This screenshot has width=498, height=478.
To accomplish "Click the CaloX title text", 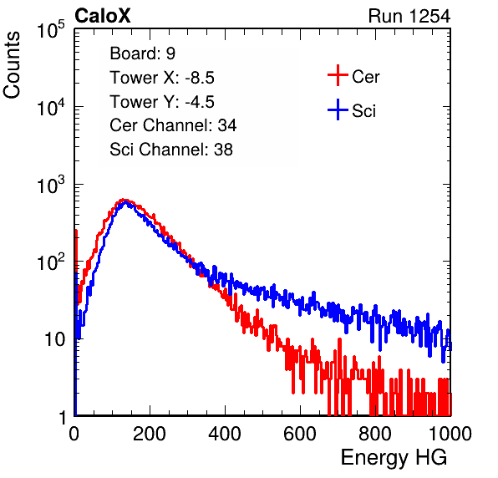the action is point(103,16).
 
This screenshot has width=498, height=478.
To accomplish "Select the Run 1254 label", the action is point(409,16).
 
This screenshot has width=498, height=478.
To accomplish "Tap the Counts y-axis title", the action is point(12,65).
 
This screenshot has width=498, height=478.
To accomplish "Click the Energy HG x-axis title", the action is point(394,458).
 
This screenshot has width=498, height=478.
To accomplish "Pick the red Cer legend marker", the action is point(338,75).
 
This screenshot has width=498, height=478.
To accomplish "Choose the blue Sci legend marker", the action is point(338,110).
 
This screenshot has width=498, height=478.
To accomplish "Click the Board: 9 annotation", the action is point(143,53).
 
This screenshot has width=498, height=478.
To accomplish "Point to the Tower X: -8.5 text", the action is point(162,78).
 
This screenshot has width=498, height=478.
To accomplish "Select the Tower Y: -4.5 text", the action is point(162,102).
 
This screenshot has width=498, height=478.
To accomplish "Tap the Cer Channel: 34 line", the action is point(173,125).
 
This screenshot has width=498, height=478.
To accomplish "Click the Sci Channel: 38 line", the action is point(171,150).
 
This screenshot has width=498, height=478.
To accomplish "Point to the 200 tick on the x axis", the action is point(150,434).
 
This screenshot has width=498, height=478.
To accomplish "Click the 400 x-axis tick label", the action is point(225,434).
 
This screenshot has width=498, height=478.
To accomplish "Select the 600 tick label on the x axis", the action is point(300,434).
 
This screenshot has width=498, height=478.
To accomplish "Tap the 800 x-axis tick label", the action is point(375,434).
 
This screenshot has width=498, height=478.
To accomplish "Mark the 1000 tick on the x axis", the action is point(450,434).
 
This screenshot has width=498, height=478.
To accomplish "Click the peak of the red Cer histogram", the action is point(123,200).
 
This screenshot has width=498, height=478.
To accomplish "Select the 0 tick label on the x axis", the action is point(74,434).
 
